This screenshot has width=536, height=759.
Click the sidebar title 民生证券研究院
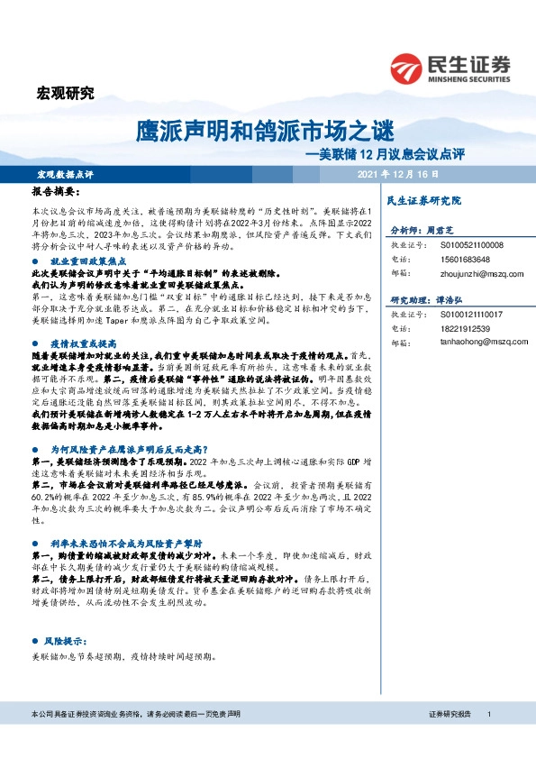click(x=422, y=200)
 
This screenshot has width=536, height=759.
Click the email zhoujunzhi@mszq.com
click(x=478, y=273)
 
